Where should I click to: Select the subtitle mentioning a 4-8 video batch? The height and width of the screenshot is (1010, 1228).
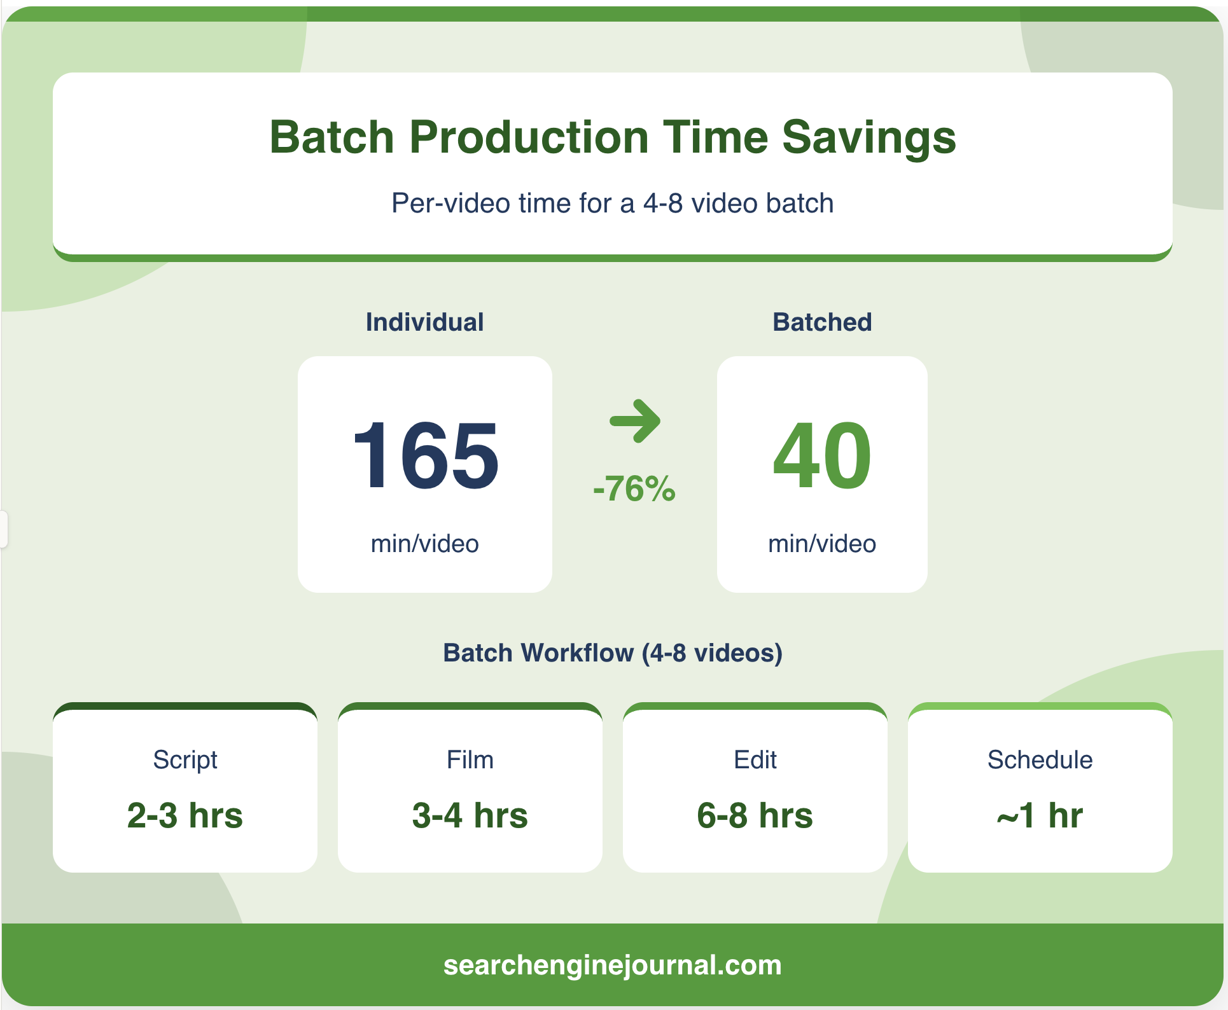[x=613, y=204]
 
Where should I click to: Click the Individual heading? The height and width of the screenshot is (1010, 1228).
[x=424, y=322]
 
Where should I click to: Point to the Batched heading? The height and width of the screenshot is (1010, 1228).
[x=822, y=322]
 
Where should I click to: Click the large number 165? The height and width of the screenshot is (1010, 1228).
[x=426, y=455]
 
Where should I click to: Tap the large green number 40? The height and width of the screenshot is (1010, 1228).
[x=822, y=455]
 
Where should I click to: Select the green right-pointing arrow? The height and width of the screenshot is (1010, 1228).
[x=635, y=420]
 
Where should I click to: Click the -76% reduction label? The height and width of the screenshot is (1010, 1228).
[x=634, y=488]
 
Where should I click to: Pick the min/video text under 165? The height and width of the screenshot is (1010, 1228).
[x=424, y=544]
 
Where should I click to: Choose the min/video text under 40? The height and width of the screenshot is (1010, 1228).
[x=822, y=544]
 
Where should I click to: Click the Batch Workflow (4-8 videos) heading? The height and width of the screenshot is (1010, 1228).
[x=613, y=653]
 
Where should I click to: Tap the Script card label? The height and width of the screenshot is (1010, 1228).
[x=185, y=761]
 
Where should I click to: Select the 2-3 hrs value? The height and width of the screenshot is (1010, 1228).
[x=185, y=815]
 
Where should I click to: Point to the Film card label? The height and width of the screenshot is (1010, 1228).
[x=470, y=759]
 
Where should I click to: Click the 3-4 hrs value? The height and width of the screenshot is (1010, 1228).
[x=470, y=815]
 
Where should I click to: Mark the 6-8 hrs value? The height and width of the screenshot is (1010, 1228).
[x=755, y=815]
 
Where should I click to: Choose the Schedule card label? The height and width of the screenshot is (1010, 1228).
[x=1040, y=759]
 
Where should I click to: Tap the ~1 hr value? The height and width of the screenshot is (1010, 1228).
[x=1040, y=815]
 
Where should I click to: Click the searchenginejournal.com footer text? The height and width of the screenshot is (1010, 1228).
[x=613, y=965]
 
